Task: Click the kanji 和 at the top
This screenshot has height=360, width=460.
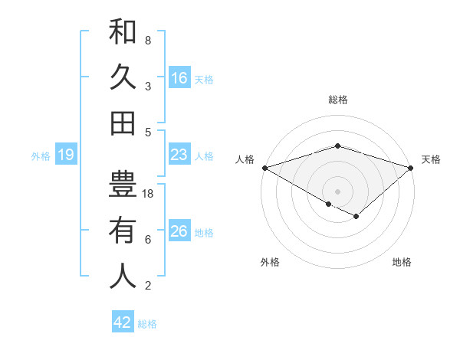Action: point(123,31)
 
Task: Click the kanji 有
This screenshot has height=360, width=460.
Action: point(123,230)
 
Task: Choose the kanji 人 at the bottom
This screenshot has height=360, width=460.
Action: point(123,276)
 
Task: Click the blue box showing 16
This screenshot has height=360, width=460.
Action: point(179,77)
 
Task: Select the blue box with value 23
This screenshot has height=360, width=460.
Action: point(179,155)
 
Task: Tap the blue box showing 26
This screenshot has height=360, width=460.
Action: point(179,231)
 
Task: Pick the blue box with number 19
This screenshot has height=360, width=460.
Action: point(66,155)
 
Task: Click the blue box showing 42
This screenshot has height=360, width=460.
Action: point(123,322)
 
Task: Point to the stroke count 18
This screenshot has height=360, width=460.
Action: point(148,194)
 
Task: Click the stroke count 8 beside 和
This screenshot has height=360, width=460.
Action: point(148,40)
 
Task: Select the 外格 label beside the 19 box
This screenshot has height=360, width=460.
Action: point(41,156)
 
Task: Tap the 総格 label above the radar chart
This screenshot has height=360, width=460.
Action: point(337,100)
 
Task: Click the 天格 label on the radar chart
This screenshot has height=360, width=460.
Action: point(432,159)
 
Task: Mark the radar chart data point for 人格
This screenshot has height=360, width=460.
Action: point(264,168)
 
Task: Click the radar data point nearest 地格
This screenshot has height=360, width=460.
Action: point(356,217)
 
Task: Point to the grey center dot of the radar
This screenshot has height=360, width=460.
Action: point(337,190)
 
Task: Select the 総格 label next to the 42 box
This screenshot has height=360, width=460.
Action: point(147,324)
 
